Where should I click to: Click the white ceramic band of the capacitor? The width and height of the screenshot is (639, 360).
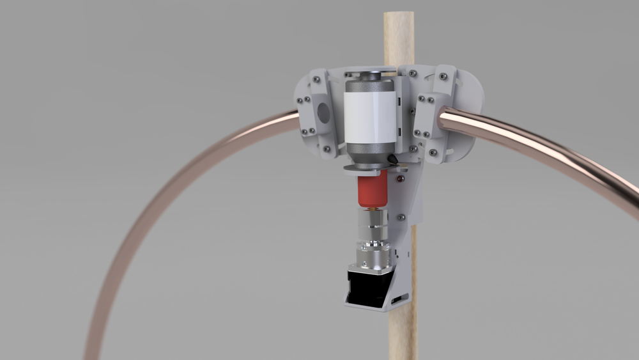[369, 115]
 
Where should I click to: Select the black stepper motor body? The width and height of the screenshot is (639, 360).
[366, 286]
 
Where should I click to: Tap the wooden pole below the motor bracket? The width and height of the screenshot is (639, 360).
[403, 333]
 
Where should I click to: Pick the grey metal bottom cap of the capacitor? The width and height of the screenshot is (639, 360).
[369, 152]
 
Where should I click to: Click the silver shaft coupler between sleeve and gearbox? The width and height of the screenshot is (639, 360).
[373, 224]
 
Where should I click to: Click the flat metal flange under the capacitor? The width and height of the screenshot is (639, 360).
[371, 168]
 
